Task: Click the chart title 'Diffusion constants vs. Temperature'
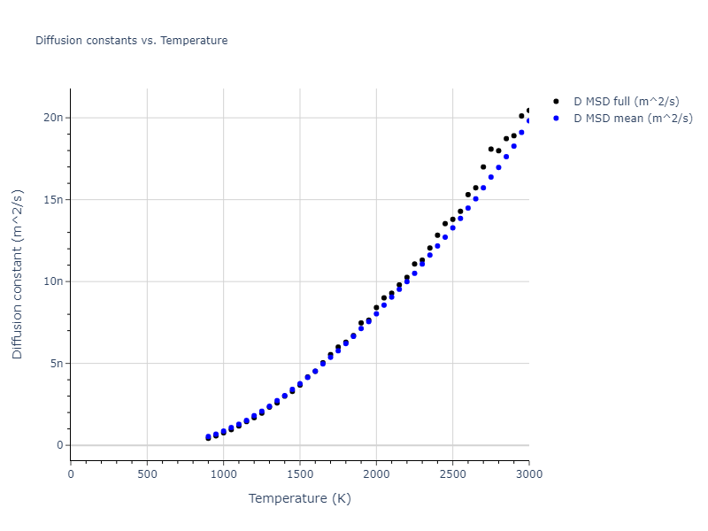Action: pyautogui.click(x=131, y=41)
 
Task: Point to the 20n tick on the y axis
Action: pyautogui.click(x=54, y=118)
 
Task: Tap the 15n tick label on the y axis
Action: pyautogui.click(x=54, y=199)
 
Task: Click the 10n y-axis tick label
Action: pyautogui.click(x=54, y=281)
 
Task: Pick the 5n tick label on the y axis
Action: pyautogui.click(x=57, y=363)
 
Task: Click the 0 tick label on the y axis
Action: pyautogui.click(x=60, y=445)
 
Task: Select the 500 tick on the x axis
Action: pyautogui.click(x=147, y=473)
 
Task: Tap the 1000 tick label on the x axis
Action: pyautogui.click(x=223, y=473)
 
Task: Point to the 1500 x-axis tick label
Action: pyautogui.click(x=300, y=473)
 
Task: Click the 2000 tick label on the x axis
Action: pyautogui.click(x=376, y=473)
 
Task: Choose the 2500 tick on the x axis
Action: pyautogui.click(x=452, y=473)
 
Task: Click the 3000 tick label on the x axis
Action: pyautogui.click(x=528, y=473)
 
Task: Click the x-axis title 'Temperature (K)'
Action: pyautogui.click(x=300, y=498)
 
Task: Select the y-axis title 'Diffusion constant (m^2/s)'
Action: pyautogui.click(x=18, y=274)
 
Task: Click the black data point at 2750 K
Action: pyautogui.click(x=491, y=149)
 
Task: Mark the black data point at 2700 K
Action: pyautogui.click(x=483, y=166)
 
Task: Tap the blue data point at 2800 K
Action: pyautogui.click(x=498, y=167)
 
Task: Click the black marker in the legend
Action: pyautogui.click(x=556, y=102)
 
